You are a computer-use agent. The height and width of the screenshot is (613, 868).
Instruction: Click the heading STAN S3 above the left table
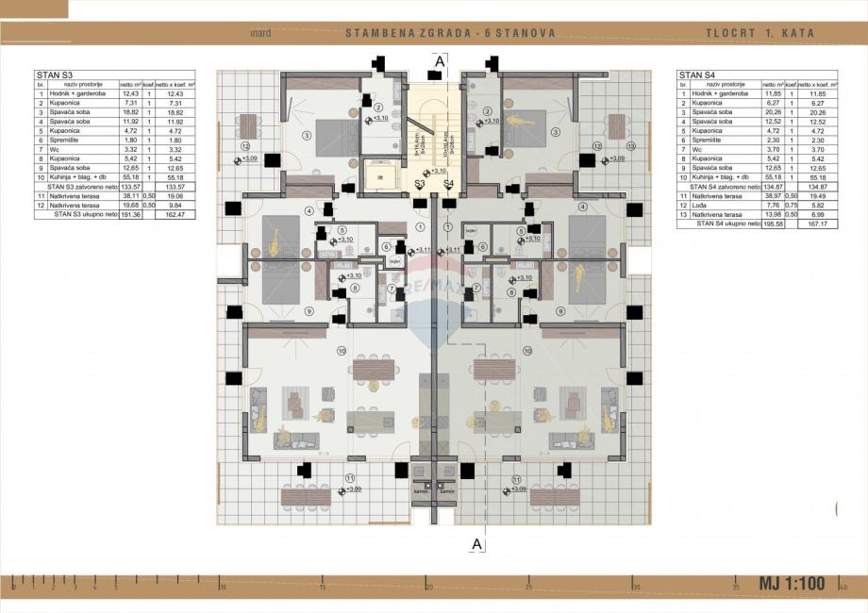pyautogui.click(x=53, y=75)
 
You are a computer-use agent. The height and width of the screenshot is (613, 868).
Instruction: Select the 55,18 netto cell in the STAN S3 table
pyautogui.click(x=130, y=177)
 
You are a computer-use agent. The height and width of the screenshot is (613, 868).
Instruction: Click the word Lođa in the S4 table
pyautogui.click(x=699, y=205)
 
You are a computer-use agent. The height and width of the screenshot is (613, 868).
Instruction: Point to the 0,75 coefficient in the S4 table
pyautogui.click(x=791, y=205)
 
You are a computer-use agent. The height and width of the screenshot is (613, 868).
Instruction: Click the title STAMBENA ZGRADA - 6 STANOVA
pyautogui.click(x=450, y=33)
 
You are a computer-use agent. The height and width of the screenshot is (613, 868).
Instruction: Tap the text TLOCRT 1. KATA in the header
pyautogui.click(x=759, y=33)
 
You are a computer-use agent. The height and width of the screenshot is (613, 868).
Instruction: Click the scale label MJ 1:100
pyautogui.click(x=792, y=584)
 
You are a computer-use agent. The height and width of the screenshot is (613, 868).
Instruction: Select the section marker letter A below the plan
pyautogui.click(x=476, y=543)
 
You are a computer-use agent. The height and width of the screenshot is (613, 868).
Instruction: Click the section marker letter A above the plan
pyautogui.click(x=440, y=60)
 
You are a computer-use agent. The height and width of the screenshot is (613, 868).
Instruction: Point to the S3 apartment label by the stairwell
pyautogui.click(x=420, y=183)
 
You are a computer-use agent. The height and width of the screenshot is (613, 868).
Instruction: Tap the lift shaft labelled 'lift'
pyautogui.click(x=380, y=175)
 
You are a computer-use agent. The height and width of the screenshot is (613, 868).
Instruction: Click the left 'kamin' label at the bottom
pyautogui.click(x=421, y=490)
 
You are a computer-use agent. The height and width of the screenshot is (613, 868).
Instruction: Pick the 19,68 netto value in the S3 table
pyautogui.click(x=130, y=206)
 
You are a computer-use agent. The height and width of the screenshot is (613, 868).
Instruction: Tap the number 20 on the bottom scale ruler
pyautogui.click(x=428, y=587)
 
